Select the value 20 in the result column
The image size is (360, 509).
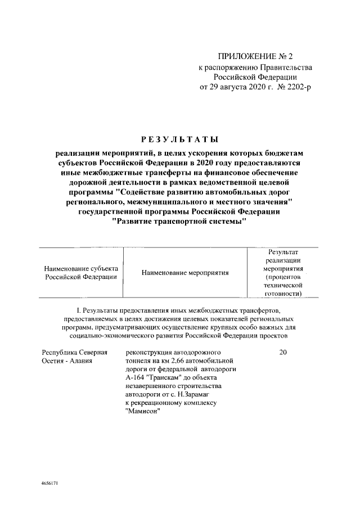[283, 352]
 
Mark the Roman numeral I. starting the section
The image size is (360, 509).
[78, 310]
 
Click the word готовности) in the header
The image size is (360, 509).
[283, 294]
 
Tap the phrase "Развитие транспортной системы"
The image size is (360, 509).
[180, 222]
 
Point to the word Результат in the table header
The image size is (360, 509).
[283, 252]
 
